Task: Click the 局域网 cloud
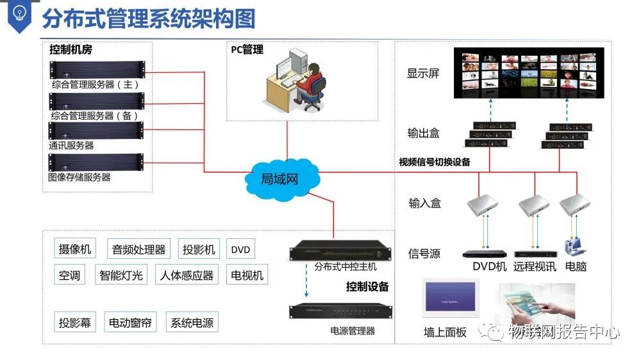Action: coord(279,178)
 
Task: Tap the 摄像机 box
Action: coord(75,249)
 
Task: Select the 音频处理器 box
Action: coord(139,249)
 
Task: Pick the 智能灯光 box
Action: coord(121,275)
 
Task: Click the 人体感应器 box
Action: coord(187,275)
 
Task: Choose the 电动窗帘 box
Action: coord(130,323)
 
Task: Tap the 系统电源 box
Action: coord(192,323)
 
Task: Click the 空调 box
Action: coord(69,275)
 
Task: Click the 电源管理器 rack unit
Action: coord(339,310)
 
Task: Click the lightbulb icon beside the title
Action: coord(19,14)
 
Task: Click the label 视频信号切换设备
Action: coord(435,162)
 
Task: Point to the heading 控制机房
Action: coord(71,49)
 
